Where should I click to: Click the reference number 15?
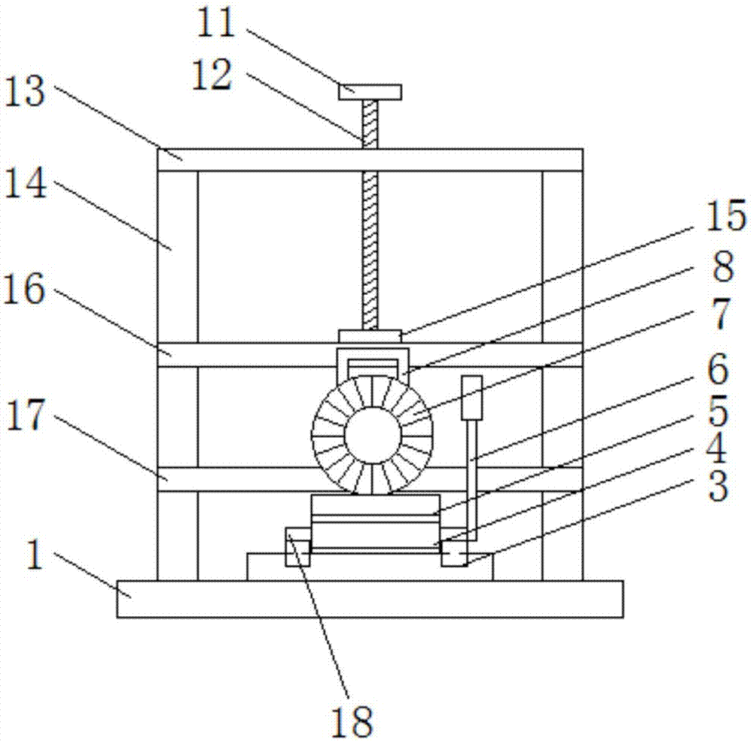[x=725, y=216]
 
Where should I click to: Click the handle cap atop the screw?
[x=370, y=92]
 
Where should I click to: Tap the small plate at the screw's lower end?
[x=370, y=336]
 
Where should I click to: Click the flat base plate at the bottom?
[x=369, y=599]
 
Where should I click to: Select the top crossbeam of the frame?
[x=369, y=159]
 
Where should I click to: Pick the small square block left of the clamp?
[x=297, y=545]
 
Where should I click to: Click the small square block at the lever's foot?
[x=453, y=554]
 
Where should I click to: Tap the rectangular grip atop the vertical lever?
[x=471, y=397]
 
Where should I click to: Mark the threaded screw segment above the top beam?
[x=370, y=124]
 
